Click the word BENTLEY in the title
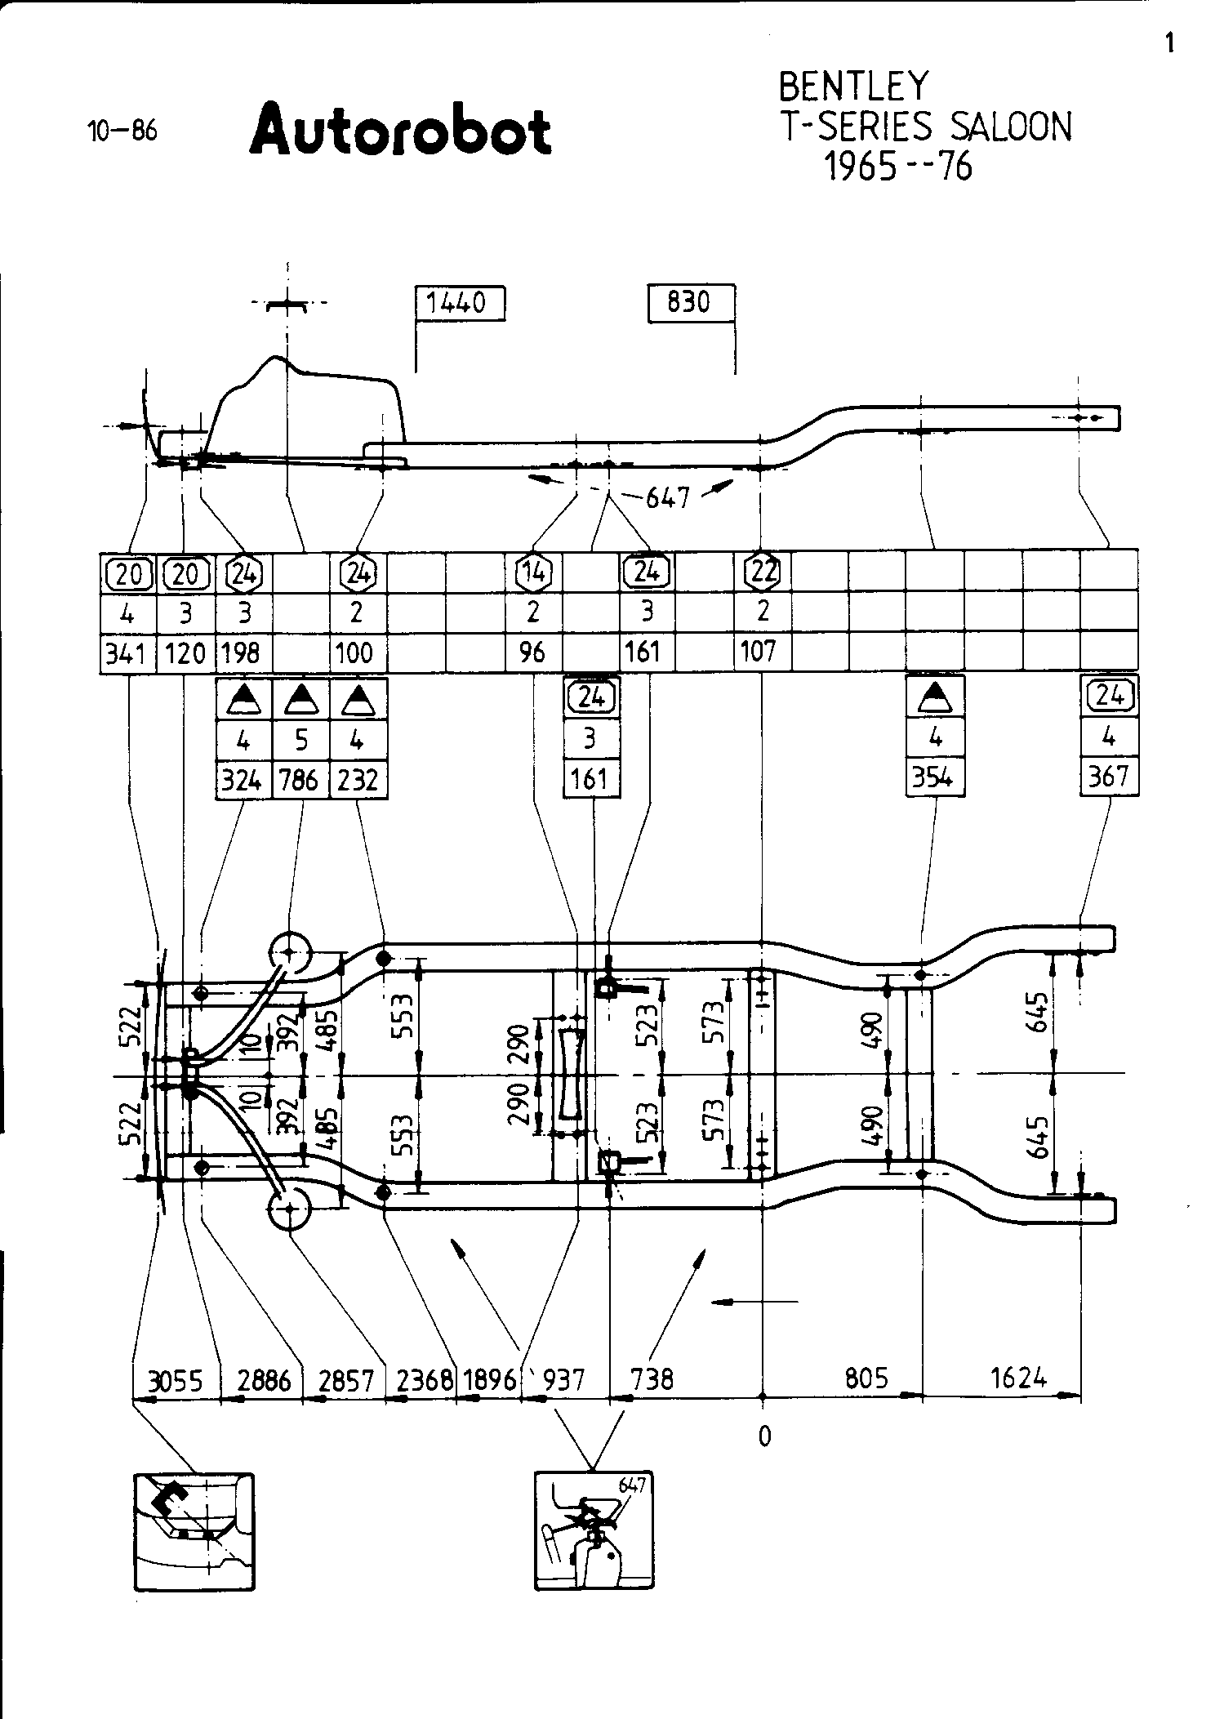point(853,87)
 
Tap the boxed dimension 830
point(688,302)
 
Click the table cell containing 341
point(127,653)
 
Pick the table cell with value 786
point(300,780)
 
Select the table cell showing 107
point(761,652)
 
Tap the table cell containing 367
point(1108,776)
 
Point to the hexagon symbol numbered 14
point(534,572)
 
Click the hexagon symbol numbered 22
point(763,572)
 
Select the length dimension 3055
point(175,1380)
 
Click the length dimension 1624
point(1018,1378)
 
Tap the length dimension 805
point(866,1378)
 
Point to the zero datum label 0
point(764,1436)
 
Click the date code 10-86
point(122,131)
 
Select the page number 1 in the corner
point(1170,43)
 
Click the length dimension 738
point(652,1379)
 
